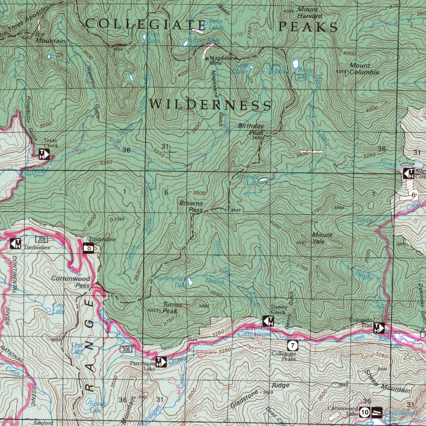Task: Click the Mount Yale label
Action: pos(322,238)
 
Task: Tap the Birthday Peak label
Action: pos(251,129)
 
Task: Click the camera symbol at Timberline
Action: pos(89,248)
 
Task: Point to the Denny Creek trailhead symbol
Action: pos(268,321)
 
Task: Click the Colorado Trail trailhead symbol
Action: pos(379,328)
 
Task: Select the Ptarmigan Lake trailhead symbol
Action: pos(161,362)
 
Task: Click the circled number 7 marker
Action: pos(293,345)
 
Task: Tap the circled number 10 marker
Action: pos(365,412)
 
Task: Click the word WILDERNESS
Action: pos(210,104)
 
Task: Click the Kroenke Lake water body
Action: pos(263,181)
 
